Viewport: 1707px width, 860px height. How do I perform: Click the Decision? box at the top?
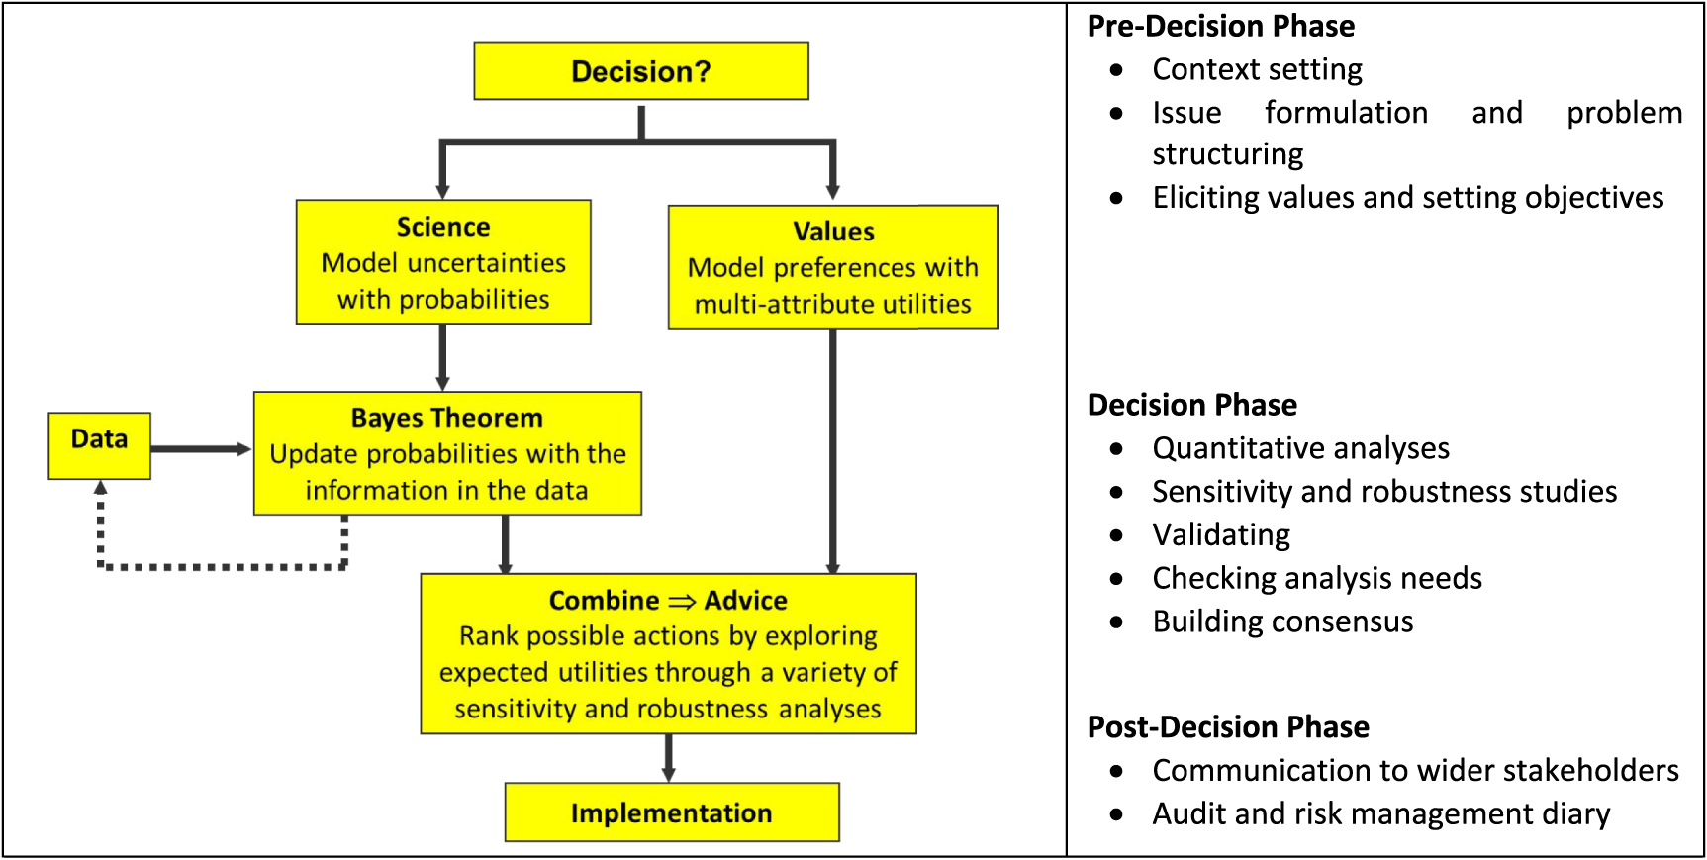coord(641,71)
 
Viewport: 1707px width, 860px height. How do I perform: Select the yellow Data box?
coord(99,445)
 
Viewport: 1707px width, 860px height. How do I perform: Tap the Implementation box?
coord(671,812)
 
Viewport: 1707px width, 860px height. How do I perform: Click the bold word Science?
coord(443,227)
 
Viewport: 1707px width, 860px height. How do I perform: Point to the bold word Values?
coord(833,232)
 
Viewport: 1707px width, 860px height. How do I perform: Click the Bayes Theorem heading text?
coord(446,418)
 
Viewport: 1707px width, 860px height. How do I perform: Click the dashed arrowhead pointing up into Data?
coord(100,487)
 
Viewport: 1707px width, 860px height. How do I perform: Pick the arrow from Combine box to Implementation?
coord(669,758)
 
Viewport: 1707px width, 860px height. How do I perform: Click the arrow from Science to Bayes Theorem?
coord(442,357)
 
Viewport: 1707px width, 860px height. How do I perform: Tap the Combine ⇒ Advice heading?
coord(668,601)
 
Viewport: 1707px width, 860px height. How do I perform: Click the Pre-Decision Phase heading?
coord(1220,26)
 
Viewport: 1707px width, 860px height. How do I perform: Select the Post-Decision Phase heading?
coord(1227,727)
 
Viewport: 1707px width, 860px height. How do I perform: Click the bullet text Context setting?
coord(1257,69)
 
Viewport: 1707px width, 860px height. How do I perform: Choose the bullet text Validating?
coord(1221,534)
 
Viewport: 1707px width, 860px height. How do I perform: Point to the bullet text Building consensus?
coord(1282,621)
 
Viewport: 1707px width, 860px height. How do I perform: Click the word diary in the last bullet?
coord(1575,813)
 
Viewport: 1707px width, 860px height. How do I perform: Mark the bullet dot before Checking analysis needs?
coord(1116,579)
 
